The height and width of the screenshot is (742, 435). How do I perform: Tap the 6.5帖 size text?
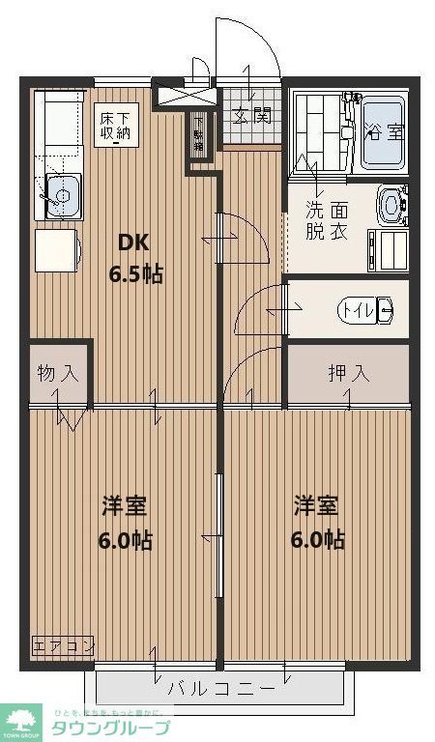(x=134, y=273)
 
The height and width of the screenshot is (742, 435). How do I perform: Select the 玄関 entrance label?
(x=250, y=116)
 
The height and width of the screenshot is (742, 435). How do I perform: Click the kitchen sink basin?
(x=61, y=196)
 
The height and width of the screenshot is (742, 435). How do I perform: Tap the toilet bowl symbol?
(x=385, y=310)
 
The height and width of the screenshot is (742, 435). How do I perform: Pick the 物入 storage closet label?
(x=58, y=373)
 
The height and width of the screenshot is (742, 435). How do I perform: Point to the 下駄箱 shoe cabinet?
(x=199, y=141)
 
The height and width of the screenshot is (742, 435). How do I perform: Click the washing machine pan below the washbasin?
(x=388, y=247)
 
